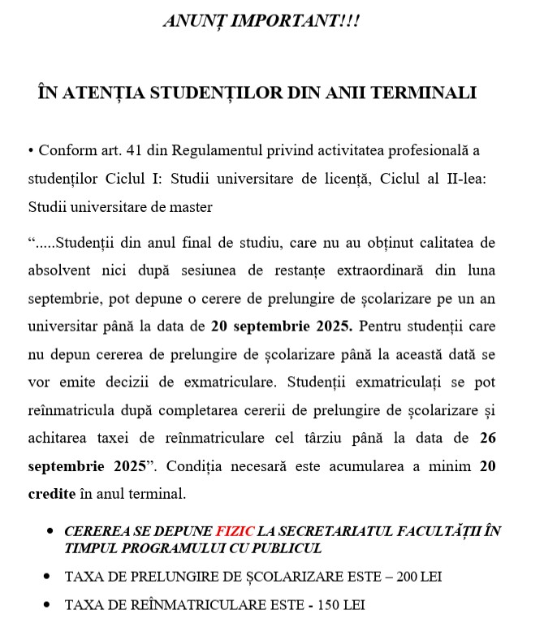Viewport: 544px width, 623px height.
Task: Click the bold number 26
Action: coord(487,439)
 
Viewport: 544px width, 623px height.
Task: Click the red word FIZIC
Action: coord(235,531)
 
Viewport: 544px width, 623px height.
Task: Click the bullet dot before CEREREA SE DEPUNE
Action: coord(50,531)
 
